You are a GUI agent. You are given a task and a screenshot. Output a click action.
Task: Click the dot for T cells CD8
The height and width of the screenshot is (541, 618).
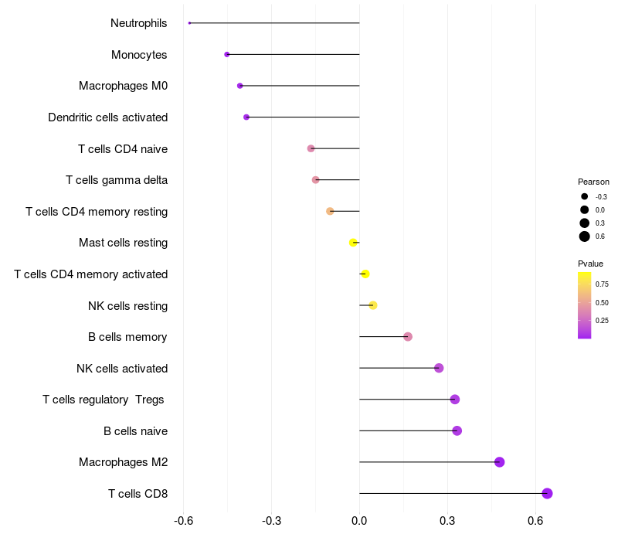tap(547, 493)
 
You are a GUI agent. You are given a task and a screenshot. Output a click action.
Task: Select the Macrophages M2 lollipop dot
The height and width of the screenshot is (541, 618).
tap(499, 462)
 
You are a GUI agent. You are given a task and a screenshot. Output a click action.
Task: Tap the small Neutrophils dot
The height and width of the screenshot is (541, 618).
tap(189, 23)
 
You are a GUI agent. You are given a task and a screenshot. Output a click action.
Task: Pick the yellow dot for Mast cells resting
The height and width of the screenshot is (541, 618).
tap(353, 243)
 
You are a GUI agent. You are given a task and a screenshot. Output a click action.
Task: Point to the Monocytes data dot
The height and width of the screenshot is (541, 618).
tap(226, 54)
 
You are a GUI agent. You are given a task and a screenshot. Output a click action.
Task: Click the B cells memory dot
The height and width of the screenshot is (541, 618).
tap(408, 336)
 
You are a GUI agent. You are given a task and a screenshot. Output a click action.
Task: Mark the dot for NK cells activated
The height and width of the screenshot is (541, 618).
tap(439, 368)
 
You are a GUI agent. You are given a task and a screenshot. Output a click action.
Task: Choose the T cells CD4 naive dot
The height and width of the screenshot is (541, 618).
tap(311, 148)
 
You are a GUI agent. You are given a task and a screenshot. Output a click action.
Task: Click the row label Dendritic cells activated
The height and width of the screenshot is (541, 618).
tap(107, 117)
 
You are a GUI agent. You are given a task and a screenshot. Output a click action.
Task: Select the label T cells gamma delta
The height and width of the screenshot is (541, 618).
tap(117, 180)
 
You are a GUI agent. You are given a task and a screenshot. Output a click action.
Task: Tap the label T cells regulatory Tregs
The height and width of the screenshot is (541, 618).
tap(104, 400)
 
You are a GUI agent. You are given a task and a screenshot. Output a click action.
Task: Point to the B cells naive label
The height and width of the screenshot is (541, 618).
tap(135, 430)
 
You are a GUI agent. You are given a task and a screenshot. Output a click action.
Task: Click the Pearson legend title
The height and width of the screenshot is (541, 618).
tap(593, 182)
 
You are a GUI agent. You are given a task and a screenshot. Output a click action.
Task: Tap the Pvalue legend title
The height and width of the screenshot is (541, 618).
tap(590, 264)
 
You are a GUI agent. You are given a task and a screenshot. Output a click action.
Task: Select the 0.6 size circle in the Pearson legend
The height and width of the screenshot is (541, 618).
tap(585, 236)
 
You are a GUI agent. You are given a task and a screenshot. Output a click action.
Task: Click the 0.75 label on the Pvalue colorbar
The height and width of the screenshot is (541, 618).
tap(602, 284)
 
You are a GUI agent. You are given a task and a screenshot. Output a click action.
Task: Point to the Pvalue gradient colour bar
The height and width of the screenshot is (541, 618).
tap(585, 305)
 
